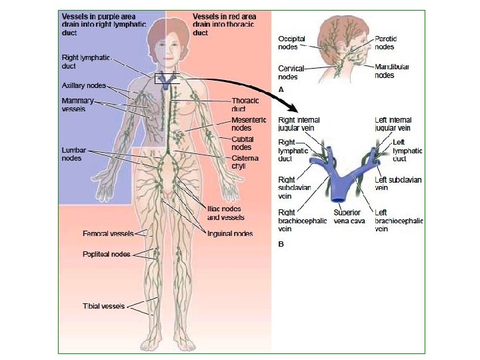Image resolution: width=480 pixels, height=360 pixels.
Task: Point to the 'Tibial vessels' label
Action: tap(105, 306)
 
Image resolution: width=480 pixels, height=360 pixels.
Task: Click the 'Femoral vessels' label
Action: tap(108, 234)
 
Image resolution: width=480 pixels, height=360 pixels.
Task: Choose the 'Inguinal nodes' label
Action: tap(230, 233)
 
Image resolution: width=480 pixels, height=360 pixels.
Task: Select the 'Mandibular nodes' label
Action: tap(392, 71)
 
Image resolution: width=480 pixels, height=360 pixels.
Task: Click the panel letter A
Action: tap(281, 89)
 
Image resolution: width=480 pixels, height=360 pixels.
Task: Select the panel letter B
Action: tap(281, 244)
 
